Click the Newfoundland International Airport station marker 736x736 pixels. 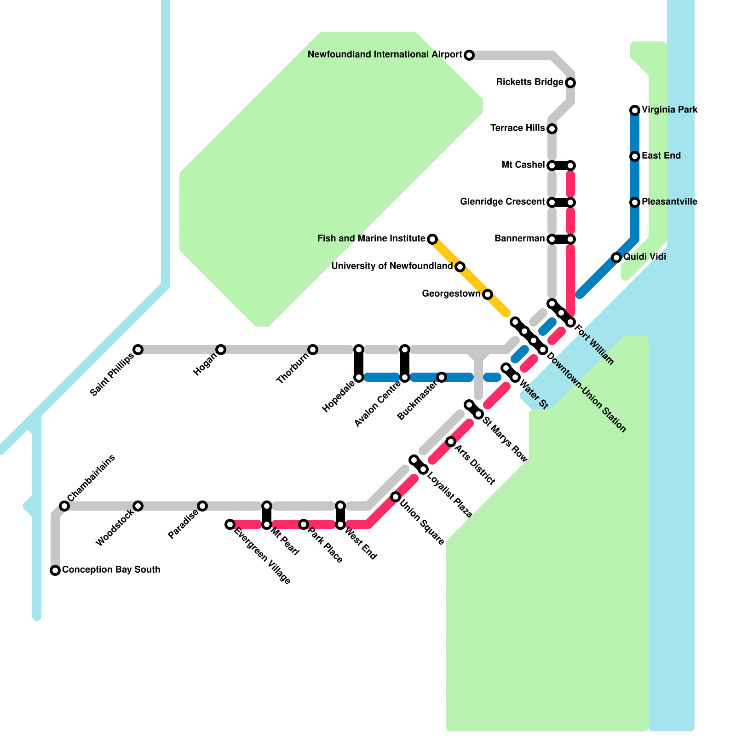pyautogui.click(x=469, y=55)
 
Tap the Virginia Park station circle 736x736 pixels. pyautogui.click(x=635, y=110)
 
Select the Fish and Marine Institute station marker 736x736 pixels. pyautogui.click(x=432, y=239)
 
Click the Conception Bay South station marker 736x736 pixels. pyautogui.click(x=55, y=570)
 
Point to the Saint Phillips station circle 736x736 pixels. pyautogui.click(x=138, y=350)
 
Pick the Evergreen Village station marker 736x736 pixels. pyautogui.click(x=230, y=524)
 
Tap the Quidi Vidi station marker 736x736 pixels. pyautogui.click(x=616, y=258)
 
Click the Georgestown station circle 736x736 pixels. pyautogui.click(x=488, y=294)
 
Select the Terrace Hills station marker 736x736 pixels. pyautogui.click(x=552, y=129)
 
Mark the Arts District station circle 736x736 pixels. pyautogui.click(x=451, y=442)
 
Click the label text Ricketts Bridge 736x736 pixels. pyautogui.click(x=529, y=82)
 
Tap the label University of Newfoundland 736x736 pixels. pyautogui.click(x=391, y=266)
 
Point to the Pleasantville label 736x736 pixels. pyautogui.click(x=669, y=202)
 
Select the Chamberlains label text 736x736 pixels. pyautogui.click(x=91, y=478)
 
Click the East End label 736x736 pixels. pyautogui.click(x=661, y=156)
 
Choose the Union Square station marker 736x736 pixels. pyautogui.click(x=396, y=497)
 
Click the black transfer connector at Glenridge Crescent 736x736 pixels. pyautogui.click(x=561, y=202)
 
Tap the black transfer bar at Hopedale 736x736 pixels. pyautogui.click(x=359, y=363)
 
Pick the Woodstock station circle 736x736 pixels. pyautogui.click(x=138, y=506)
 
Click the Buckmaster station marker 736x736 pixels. pyautogui.click(x=442, y=377)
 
